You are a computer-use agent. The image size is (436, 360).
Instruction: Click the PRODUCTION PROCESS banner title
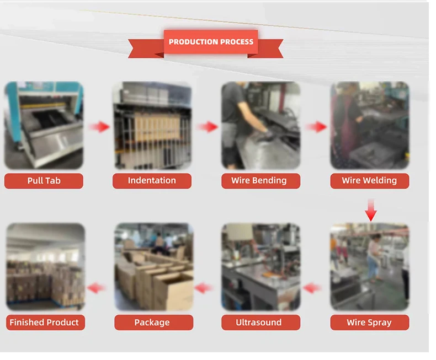[x=211, y=42]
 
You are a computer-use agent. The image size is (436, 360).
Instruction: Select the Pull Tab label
[x=44, y=181]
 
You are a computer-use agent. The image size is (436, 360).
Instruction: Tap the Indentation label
[x=152, y=181]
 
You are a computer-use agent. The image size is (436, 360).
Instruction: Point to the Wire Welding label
[x=369, y=181]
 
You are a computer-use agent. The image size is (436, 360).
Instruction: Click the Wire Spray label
[x=369, y=323]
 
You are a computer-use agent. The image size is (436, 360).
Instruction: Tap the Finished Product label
[x=45, y=323]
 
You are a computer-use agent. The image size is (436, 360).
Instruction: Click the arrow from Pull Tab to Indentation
[x=99, y=127]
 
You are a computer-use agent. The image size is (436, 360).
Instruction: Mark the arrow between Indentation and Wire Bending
[x=208, y=127]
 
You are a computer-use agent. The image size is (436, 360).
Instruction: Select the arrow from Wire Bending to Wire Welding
[x=316, y=127]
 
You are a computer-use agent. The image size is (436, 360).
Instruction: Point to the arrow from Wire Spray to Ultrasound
[x=313, y=288]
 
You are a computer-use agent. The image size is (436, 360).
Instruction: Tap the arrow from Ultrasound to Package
[x=204, y=288]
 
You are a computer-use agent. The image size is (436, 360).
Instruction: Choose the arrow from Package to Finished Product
[x=97, y=288]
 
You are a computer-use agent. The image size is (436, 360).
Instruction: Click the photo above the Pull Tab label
[x=44, y=126]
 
